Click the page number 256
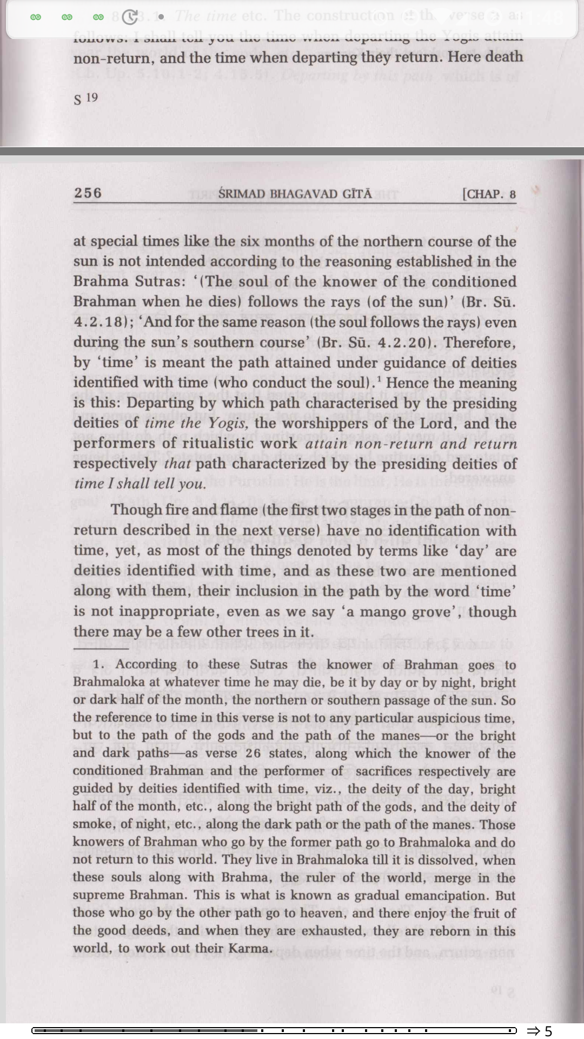coord(88,193)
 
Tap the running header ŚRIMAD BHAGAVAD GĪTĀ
coord(295,194)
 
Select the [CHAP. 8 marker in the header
coord(489,194)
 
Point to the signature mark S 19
coord(85,98)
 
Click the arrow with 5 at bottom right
coord(540,1030)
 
